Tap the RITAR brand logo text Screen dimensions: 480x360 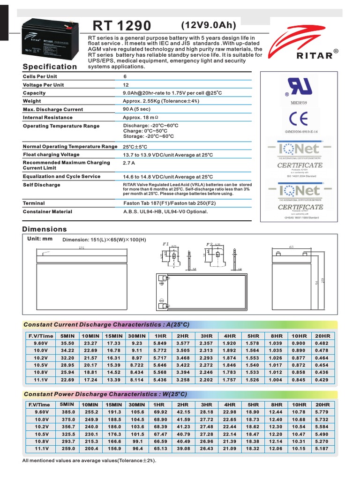(x=315, y=56)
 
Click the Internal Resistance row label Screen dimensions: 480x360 (x=48, y=118)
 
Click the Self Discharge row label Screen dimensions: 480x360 (x=42, y=185)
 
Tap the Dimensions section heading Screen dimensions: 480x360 (x=45, y=229)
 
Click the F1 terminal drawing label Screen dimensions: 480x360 (x=165, y=244)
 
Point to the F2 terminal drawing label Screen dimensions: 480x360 (x=209, y=244)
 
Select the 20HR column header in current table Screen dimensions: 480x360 (x=322, y=336)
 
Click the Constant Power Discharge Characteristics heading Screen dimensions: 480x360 (x=105, y=394)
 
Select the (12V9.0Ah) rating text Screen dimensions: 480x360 (x=209, y=25)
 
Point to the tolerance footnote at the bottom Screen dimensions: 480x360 (x=89, y=461)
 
